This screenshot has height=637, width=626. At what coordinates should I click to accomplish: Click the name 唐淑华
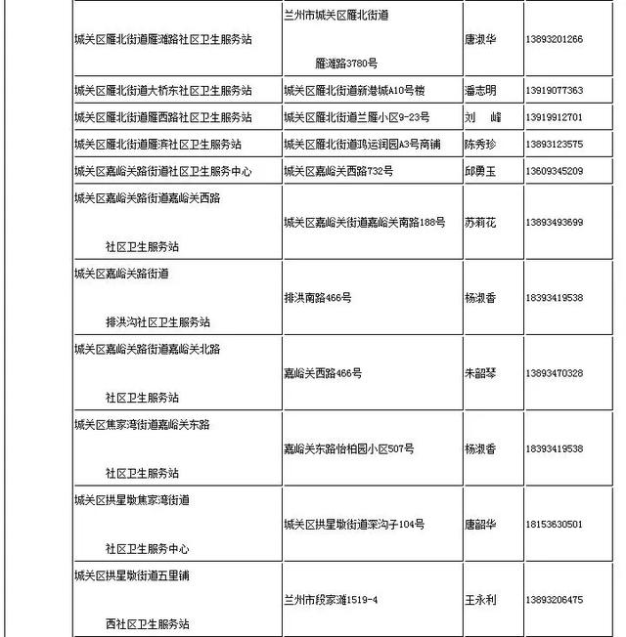[x=479, y=39]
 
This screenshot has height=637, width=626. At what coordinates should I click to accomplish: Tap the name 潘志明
[x=479, y=91]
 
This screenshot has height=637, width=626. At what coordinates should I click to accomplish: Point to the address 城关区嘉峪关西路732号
[x=337, y=171]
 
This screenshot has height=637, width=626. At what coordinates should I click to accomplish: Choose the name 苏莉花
[x=479, y=223]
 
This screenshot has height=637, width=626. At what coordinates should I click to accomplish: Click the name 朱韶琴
[x=479, y=373]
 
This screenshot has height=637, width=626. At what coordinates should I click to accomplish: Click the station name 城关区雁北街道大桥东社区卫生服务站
[x=162, y=91]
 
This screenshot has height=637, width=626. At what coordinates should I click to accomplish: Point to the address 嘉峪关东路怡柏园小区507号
[x=348, y=449]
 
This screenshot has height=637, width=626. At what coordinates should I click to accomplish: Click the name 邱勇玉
[x=479, y=171]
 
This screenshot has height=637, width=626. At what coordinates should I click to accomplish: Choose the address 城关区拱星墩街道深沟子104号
[x=353, y=525]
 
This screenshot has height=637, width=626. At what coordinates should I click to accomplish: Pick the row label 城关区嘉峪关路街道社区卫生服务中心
[x=162, y=171]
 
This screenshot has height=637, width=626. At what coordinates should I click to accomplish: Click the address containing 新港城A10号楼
[x=353, y=91]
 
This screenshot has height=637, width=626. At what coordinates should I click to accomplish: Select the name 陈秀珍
[x=479, y=145]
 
